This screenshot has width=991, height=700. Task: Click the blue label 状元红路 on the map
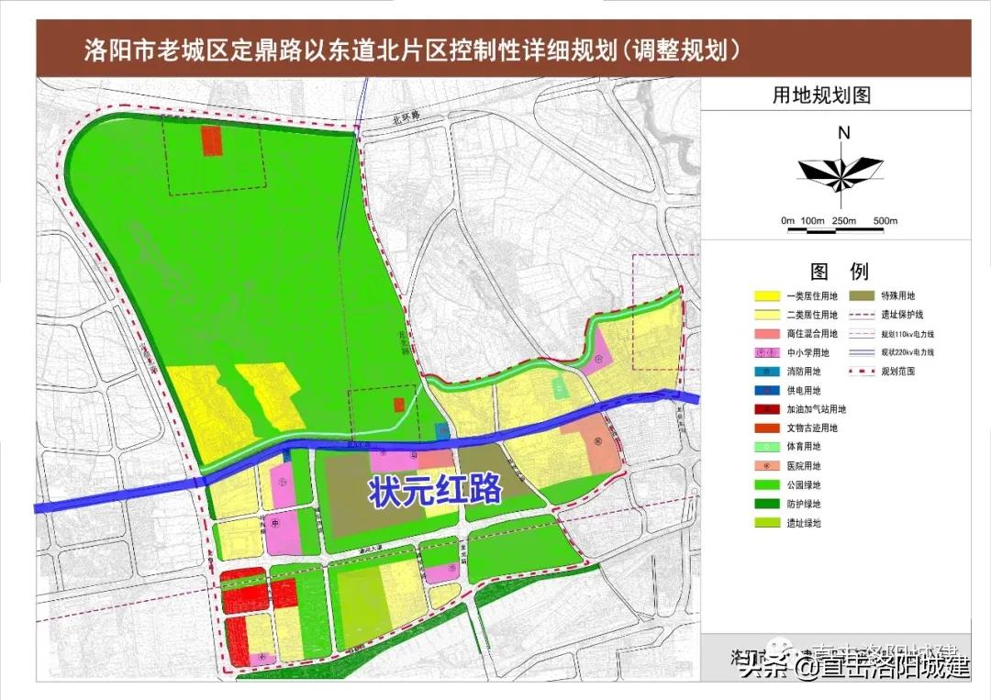click(x=436, y=490)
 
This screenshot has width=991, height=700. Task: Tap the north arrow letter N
click(x=843, y=133)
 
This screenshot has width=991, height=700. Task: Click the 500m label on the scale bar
click(x=885, y=222)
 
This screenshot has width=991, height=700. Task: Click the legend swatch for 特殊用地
click(x=863, y=296)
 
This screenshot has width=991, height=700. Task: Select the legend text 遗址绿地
click(x=803, y=523)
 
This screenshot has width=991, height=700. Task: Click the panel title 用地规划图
click(x=821, y=95)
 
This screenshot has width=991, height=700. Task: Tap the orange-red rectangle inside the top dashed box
click(x=212, y=140)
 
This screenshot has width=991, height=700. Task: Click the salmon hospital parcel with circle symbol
click(x=596, y=442)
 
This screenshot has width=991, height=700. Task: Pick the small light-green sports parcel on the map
click(x=559, y=388)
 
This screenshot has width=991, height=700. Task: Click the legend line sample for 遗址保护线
click(x=863, y=316)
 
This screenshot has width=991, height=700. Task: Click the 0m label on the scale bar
click(x=787, y=222)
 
